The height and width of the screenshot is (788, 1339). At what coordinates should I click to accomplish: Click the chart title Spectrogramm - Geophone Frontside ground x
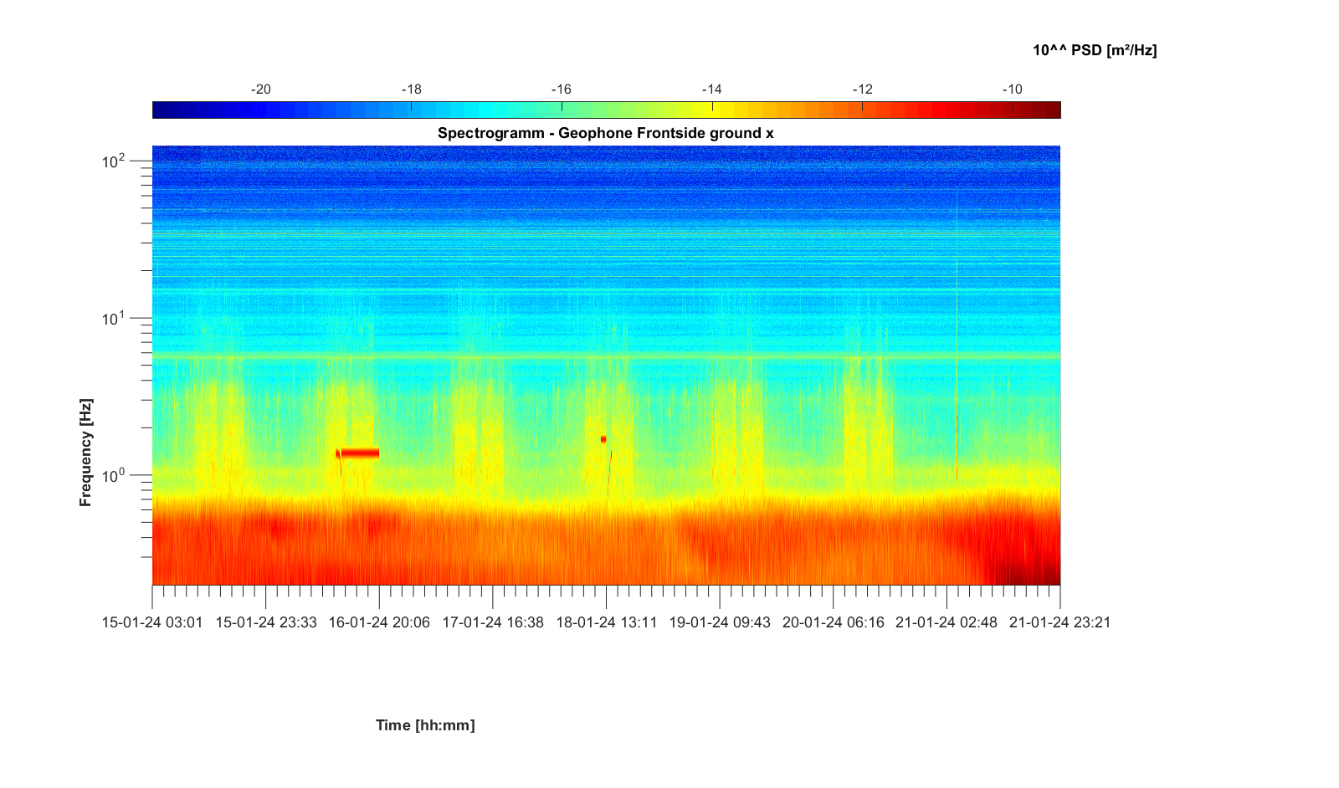(x=605, y=133)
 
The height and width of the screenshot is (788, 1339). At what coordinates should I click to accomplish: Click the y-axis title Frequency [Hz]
(x=85, y=453)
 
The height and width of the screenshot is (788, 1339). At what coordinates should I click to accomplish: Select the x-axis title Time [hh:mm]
(x=425, y=725)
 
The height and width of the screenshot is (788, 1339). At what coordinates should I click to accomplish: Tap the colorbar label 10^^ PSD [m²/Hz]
(x=1095, y=50)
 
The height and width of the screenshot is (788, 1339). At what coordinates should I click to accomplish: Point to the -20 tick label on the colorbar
(x=261, y=90)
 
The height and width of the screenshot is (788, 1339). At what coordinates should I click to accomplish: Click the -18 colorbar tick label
(x=411, y=90)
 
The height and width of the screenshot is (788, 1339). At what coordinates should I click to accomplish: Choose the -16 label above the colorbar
(x=561, y=90)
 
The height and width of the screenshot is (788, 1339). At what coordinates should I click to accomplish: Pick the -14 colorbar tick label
(x=711, y=90)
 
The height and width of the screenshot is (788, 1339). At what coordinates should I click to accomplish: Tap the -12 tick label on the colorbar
(x=862, y=90)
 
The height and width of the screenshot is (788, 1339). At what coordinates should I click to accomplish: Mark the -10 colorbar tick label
(x=1012, y=90)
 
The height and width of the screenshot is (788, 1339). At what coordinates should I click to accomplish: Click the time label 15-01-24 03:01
(x=152, y=622)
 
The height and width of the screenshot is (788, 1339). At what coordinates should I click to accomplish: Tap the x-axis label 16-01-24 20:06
(x=379, y=622)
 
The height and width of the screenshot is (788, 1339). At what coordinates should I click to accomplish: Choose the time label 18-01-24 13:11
(x=607, y=622)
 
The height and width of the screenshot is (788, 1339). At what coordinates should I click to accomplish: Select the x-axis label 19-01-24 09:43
(x=720, y=622)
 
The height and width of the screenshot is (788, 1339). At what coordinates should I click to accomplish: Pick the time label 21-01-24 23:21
(x=1059, y=622)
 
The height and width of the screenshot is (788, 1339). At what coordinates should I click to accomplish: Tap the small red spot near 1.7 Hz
(x=603, y=439)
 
